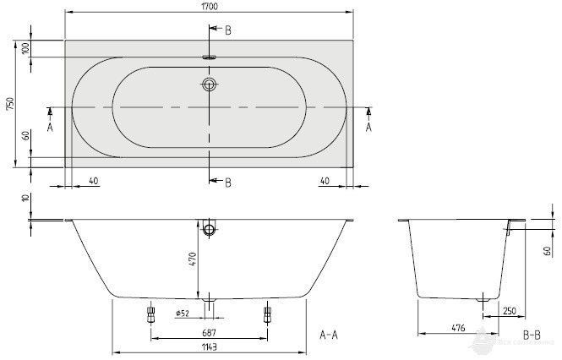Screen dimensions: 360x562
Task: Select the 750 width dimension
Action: point(9,104)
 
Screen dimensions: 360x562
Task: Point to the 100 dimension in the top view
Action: point(26,48)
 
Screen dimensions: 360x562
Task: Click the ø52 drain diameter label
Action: point(183,314)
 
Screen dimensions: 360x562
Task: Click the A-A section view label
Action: point(329,335)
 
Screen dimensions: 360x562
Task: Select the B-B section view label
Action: point(532,335)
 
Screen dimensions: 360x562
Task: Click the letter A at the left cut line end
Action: point(50,127)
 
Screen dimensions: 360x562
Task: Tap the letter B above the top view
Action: point(226,30)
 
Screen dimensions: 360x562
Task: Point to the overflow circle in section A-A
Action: point(209,229)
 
